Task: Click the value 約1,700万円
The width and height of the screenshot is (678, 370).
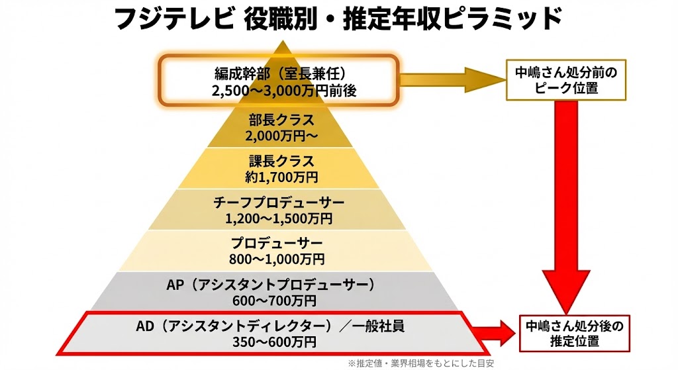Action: [x=281, y=177]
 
